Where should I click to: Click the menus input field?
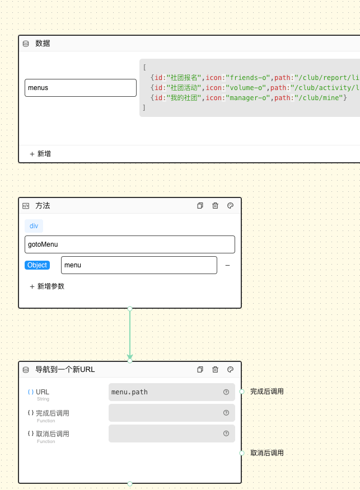[80, 88]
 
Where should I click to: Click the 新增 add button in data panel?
[40, 154]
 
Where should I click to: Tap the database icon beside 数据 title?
[26, 44]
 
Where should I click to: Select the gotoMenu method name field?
[129, 244]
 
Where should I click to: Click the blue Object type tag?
[37, 265]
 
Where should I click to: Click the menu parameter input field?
[138, 265]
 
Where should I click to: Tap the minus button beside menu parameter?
[227, 265]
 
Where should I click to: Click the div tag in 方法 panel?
[34, 226]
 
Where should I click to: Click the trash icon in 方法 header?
[215, 206]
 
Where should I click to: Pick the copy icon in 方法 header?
[200, 206]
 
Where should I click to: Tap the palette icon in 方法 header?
[230, 206]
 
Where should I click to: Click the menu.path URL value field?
[165, 392]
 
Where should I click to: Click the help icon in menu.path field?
[226, 392]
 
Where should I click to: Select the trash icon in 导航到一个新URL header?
[215, 370]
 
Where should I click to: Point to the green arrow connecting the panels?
[130, 334]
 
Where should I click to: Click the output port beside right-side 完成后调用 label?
[242, 392]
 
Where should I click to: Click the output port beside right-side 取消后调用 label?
[242, 453]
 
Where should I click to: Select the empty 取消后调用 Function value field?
[165, 434]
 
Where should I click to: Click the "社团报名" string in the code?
[183, 78]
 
